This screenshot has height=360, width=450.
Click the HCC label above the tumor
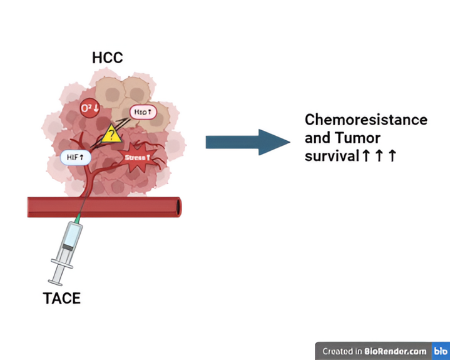(x=108, y=58)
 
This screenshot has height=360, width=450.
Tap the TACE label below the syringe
(x=62, y=297)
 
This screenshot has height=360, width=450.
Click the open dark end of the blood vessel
(x=178, y=207)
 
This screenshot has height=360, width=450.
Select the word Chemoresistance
(x=366, y=120)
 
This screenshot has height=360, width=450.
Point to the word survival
(x=331, y=155)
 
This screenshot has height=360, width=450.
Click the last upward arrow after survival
(x=392, y=155)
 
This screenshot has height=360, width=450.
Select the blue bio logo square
(x=441, y=351)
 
